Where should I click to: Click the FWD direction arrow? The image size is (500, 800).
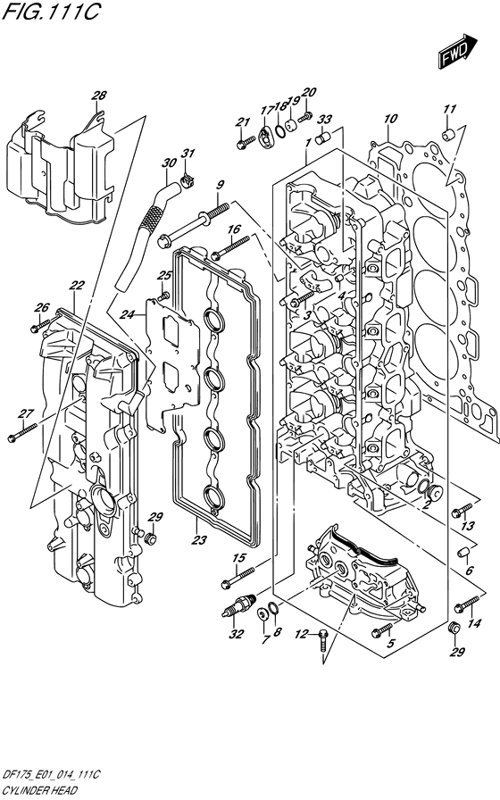click(x=458, y=51)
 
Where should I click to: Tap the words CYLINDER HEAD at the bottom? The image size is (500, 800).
click(x=39, y=791)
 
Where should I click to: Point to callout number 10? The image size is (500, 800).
click(x=390, y=119)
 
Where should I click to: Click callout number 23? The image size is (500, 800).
click(x=198, y=540)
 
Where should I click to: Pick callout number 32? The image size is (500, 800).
click(x=235, y=634)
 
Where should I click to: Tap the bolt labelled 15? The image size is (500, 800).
click(x=238, y=577)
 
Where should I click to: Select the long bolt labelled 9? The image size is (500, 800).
click(x=192, y=224)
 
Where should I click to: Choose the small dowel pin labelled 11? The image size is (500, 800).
click(x=447, y=135)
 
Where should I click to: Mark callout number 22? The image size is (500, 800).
click(x=77, y=287)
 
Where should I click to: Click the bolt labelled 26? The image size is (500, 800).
click(x=40, y=325)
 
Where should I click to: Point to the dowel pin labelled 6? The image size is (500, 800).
click(x=462, y=552)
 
